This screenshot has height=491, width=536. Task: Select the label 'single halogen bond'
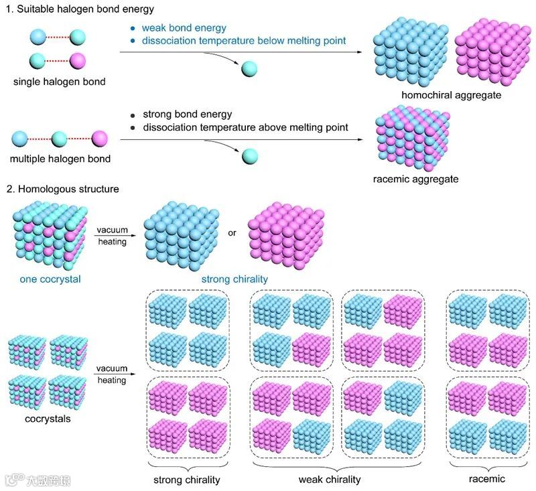[x=58, y=82]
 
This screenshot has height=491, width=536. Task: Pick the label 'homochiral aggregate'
[x=451, y=95]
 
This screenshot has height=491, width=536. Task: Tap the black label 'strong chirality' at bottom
[x=187, y=480]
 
